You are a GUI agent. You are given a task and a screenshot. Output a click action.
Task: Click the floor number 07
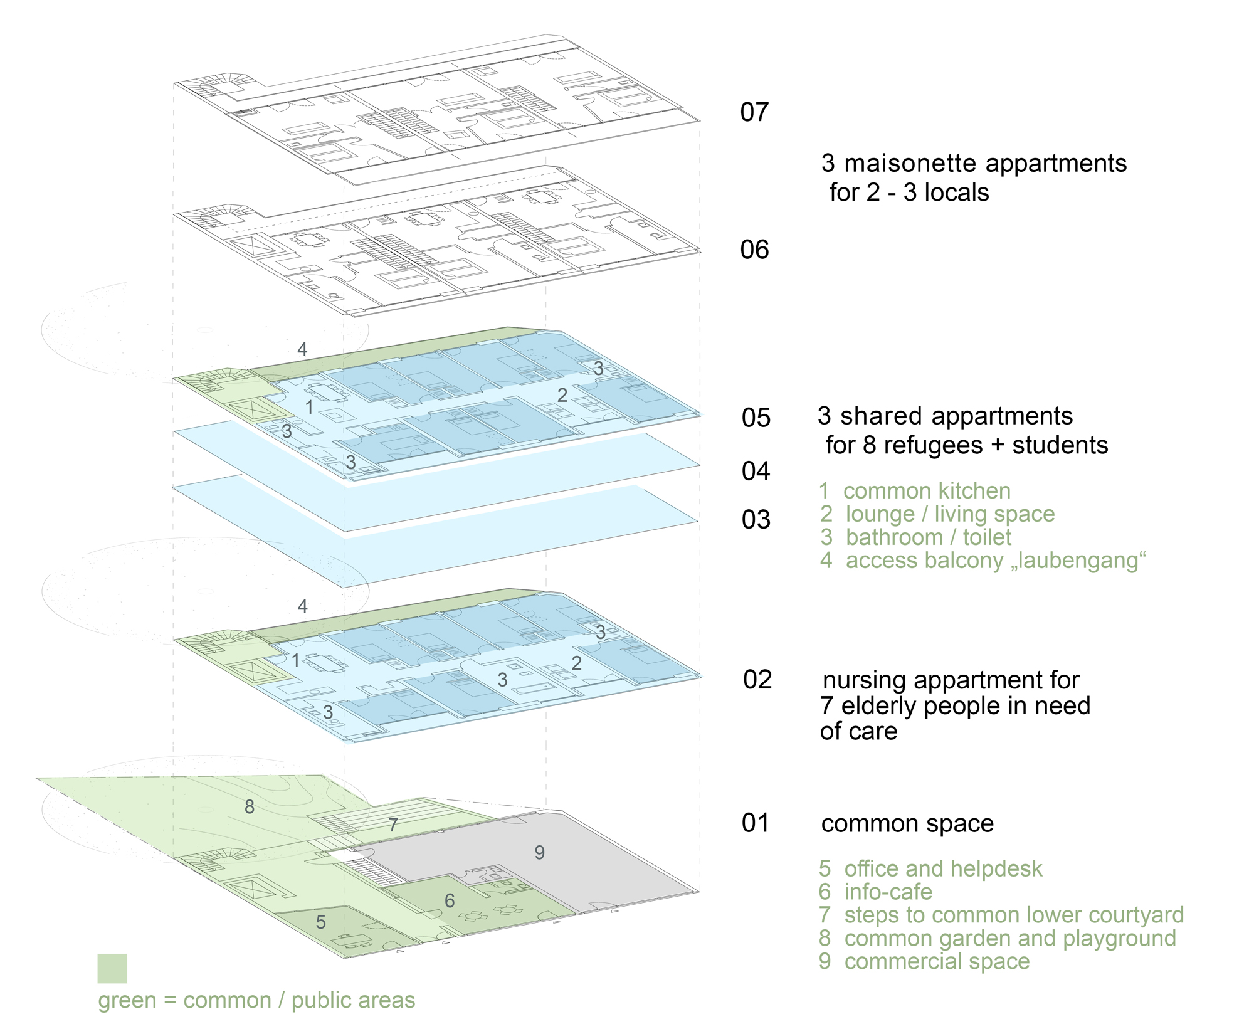(754, 113)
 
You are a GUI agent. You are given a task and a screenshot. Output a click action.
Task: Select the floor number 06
(754, 250)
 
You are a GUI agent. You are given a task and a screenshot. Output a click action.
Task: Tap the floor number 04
(756, 472)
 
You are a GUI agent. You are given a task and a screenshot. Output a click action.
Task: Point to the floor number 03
(756, 520)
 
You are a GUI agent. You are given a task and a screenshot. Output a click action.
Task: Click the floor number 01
(755, 823)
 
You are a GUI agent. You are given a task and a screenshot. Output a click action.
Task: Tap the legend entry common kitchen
(926, 491)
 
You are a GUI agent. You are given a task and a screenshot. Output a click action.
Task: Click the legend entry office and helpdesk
(942, 869)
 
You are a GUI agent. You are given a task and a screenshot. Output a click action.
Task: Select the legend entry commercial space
(936, 961)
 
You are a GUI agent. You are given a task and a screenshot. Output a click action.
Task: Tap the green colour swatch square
(112, 968)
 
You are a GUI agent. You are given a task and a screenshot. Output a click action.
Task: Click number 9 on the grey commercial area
(539, 852)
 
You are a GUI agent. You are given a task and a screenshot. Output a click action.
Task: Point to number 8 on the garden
(250, 807)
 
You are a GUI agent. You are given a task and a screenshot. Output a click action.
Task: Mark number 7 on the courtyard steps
(393, 825)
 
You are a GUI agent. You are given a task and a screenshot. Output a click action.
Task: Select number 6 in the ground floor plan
(450, 901)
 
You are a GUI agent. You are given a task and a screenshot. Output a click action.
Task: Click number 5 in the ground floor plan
(320, 922)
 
